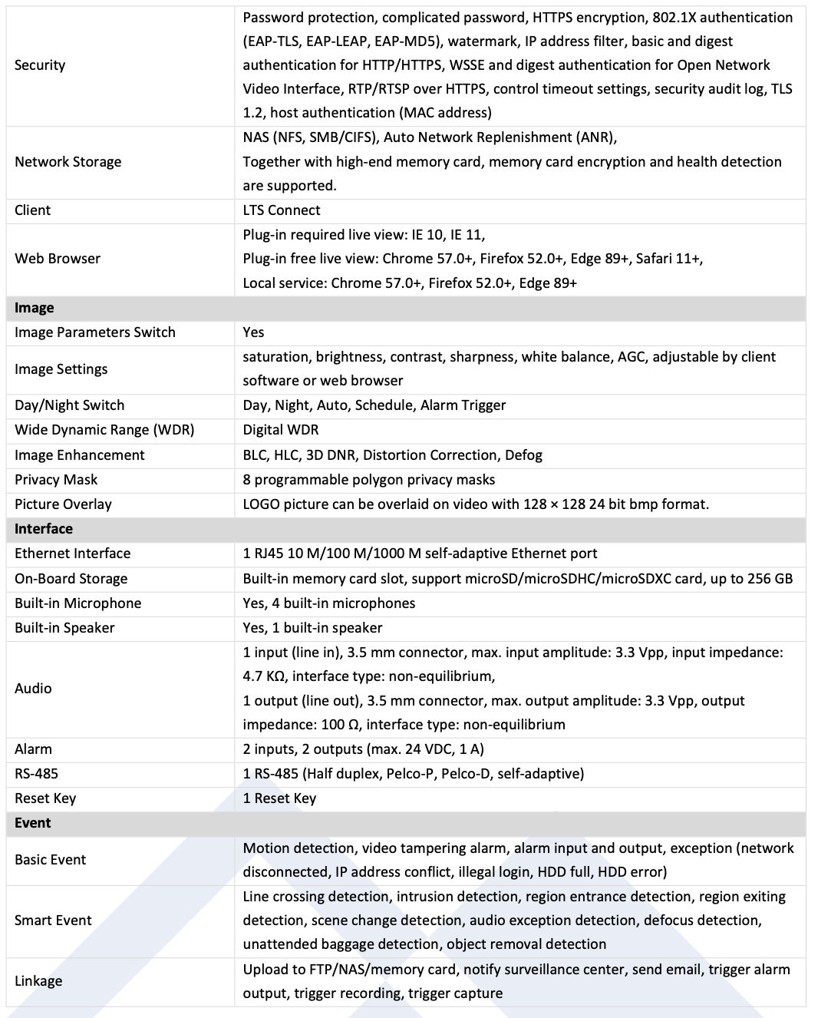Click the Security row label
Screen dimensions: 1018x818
click(x=40, y=65)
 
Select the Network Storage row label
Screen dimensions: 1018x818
click(x=68, y=162)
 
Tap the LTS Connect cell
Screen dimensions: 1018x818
click(x=282, y=210)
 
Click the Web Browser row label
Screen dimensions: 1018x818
click(x=58, y=259)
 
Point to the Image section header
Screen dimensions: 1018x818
click(x=35, y=308)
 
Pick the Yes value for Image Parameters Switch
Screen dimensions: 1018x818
click(x=253, y=332)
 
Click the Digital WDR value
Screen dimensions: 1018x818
click(x=281, y=430)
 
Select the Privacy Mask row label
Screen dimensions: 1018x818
click(x=56, y=480)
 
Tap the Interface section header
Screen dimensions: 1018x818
click(x=44, y=529)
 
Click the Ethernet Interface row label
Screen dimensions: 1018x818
click(x=73, y=554)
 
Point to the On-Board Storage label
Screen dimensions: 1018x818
click(x=71, y=579)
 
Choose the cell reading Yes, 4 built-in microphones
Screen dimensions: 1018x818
click(x=329, y=603)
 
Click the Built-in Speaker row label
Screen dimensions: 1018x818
click(x=64, y=628)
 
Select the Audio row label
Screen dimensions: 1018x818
click(x=34, y=689)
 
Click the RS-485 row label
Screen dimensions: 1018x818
click(x=37, y=774)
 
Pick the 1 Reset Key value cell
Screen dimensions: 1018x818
click(x=279, y=798)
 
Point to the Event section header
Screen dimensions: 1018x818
click(x=33, y=823)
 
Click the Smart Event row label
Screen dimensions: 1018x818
click(x=53, y=920)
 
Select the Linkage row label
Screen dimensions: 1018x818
click(x=38, y=981)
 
